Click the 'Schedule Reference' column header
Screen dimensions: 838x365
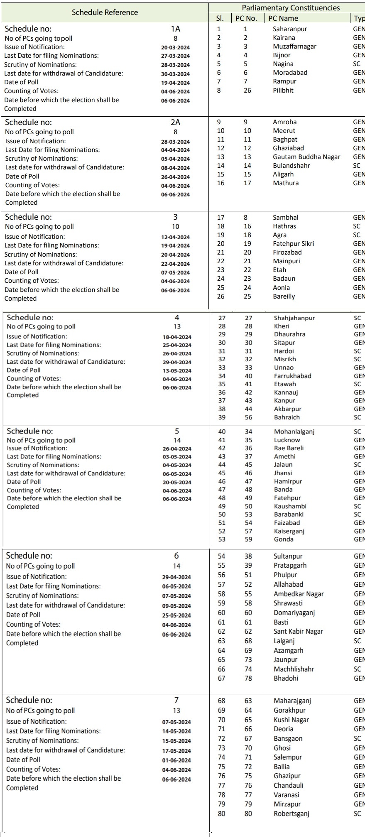pos(105,12)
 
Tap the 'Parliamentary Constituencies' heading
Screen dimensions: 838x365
pos(291,8)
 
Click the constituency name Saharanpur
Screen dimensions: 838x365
pos(290,29)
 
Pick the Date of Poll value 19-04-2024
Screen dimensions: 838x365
pos(175,83)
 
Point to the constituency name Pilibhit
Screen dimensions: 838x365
pos(283,90)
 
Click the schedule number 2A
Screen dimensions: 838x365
pos(175,122)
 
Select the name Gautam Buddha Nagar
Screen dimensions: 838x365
pos(306,157)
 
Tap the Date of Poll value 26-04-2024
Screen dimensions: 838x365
pos(175,177)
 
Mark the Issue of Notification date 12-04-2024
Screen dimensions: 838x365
pos(175,237)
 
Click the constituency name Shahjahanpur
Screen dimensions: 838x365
pos(294,318)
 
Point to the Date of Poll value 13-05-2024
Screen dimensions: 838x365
pos(177,371)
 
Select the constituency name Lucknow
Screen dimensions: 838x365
pos(287,440)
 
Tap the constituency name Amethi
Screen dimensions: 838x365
pos(285,457)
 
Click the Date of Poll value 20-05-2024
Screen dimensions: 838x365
pos(177,482)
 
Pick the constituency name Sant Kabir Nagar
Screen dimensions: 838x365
pos(298,632)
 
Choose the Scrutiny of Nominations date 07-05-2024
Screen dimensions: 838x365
pos(176,596)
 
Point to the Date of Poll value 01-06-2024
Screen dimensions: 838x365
pos(176,760)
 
